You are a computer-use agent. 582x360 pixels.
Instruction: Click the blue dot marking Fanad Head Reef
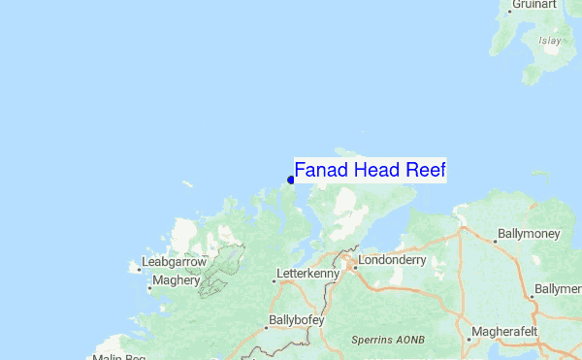291,179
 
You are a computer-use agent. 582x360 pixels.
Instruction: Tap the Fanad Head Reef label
370,171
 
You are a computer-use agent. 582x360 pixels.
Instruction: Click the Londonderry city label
392,261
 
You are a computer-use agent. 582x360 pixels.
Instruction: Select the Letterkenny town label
308,275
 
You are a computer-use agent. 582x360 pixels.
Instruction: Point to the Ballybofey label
295,320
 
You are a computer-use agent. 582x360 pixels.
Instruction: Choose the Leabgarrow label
174,262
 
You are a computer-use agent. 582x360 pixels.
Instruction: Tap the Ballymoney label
530,234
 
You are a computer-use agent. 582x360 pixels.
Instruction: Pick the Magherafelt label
507,332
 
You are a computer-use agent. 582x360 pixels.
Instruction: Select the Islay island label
550,41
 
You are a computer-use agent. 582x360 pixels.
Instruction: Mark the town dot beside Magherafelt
469,340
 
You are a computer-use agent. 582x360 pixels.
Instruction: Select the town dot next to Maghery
149,287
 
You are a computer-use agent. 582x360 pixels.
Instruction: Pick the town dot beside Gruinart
510,11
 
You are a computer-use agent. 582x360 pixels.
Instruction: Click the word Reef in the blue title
426,171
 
